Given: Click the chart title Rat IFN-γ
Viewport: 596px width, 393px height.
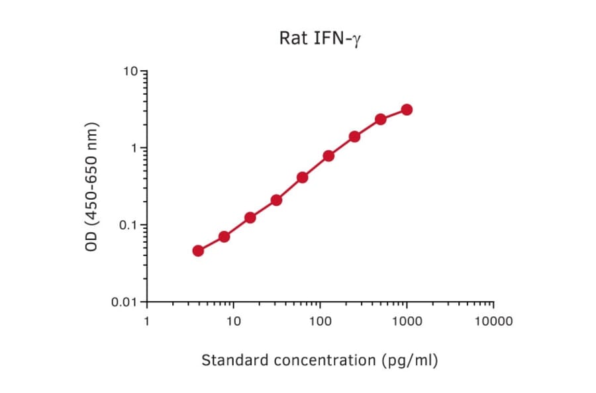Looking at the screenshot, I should tap(320, 38).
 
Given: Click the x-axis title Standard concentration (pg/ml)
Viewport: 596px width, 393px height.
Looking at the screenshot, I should tap(320, 361).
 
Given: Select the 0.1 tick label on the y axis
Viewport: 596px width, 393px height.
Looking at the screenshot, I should tap(128, 225).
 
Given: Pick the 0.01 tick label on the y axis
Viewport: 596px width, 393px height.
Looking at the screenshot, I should tap(126, 302).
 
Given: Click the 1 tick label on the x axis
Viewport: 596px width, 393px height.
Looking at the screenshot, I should tap(146, 322).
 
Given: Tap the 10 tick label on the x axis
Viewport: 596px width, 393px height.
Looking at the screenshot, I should tap(233, 322).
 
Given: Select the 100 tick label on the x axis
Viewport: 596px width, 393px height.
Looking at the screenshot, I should tap(320, 322).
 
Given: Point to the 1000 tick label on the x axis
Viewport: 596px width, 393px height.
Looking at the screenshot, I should tap(407, 322).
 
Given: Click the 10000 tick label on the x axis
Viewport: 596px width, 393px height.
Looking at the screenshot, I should tap(493, 322).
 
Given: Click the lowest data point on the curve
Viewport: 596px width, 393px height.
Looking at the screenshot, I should tap(198, 251).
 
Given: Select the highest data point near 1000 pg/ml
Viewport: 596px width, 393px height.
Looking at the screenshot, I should tap(407, 109).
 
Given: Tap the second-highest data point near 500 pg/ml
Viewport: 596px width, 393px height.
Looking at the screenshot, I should tap(381, 119).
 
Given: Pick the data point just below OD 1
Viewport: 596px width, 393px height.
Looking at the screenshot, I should tap(328, 156).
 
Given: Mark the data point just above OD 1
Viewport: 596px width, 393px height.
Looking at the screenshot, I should tap(354, 136).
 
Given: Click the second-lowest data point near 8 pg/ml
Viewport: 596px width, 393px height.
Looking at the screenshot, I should tap(224, 237).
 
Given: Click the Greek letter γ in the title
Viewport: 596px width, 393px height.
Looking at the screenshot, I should tap(356, 40).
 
